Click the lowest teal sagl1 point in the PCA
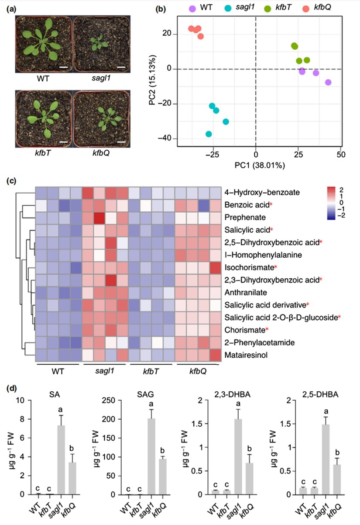[209, 134]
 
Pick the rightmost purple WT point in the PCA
[328, 83]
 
